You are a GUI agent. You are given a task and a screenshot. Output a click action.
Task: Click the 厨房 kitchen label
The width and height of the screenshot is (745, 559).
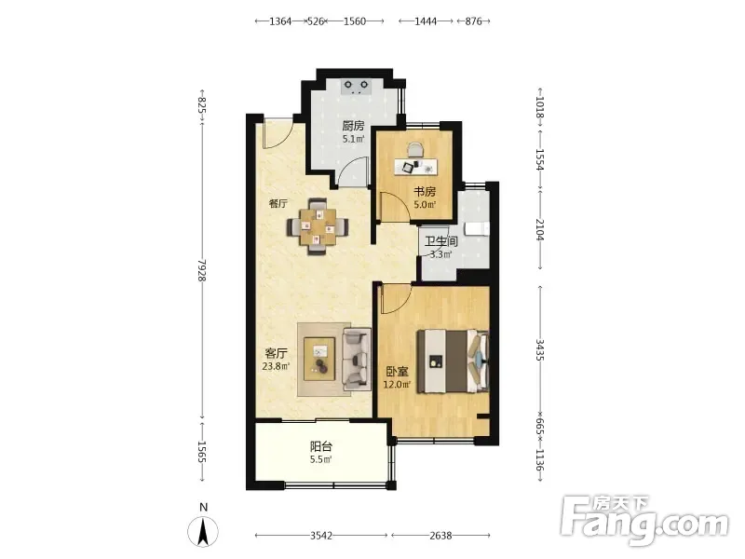coord(353,126)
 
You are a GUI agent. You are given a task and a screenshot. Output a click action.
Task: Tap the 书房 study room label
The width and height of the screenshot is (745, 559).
coord(425,192)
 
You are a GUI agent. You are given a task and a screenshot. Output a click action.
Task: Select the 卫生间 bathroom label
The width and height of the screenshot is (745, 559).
coord(440,241)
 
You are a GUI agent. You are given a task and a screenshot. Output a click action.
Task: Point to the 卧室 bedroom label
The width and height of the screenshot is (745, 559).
coord(397,372)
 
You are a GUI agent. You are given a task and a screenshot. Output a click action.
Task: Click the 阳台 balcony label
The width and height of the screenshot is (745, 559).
coord(321,446)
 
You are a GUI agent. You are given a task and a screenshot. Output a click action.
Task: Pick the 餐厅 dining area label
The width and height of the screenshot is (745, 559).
coord(278,204)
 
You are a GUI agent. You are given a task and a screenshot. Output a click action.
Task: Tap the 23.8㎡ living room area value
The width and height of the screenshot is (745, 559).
coord(276,366)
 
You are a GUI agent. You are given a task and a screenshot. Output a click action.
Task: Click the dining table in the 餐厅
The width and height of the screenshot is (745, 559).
coord(318,226)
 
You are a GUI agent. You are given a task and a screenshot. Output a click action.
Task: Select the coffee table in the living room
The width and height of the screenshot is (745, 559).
coord(319,359)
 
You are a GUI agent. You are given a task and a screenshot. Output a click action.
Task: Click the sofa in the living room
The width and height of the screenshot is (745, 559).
coord(357,359)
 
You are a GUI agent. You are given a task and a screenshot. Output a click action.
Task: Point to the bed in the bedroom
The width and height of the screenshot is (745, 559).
coord(453,361)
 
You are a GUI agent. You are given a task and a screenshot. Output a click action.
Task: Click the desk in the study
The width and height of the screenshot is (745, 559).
coord(415,167)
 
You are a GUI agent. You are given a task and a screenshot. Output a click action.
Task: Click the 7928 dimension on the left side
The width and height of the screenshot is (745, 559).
coord(202,270)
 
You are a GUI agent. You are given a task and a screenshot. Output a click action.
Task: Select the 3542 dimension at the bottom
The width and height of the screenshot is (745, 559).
coord(321,536)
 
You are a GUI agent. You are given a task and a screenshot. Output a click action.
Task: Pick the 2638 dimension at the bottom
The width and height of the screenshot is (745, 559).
coord(440,536)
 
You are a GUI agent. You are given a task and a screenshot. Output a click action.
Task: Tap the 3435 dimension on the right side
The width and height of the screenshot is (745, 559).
coord(540,349)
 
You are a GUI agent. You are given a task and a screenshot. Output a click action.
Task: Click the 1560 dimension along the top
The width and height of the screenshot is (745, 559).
coord(355,20)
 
